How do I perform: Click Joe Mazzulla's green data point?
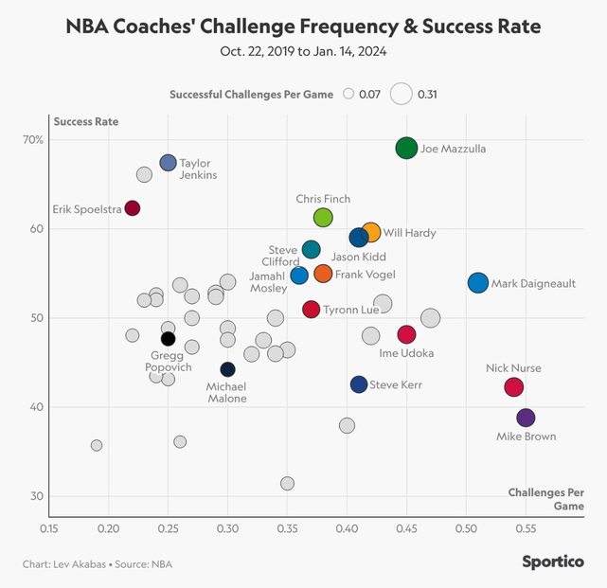click(406, 148)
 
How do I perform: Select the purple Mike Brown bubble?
click(526, 418)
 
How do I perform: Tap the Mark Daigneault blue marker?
click(477, 282)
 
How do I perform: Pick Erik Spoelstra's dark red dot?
click(133, 208)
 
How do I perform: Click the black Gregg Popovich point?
click(168, 338)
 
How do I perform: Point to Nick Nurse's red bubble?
click(513, 386)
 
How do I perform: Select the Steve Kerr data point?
click(358, 384)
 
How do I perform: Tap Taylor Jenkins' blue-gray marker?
click(168, 163)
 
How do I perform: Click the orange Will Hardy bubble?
click(371, 232)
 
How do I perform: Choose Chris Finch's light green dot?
click(323, 218)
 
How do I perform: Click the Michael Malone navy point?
click(227, 369)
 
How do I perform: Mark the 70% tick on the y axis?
click(34, 140)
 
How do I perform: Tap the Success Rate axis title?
click(86, 121)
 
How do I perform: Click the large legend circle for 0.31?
click(402, 94)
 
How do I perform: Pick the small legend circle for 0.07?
click(348, 94)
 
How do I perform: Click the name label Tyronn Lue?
click(353, 310)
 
